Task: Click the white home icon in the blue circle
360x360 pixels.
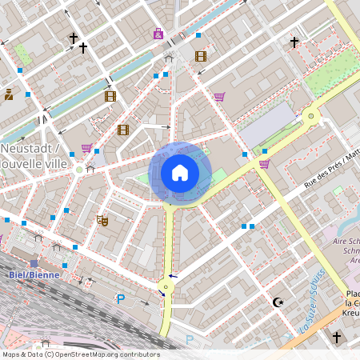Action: tap(180, 172)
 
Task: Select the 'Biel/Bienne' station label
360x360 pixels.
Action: tap(29, 274)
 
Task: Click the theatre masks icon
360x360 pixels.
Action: tap(102, 219)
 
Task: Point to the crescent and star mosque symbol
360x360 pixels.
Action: tap(278, 302)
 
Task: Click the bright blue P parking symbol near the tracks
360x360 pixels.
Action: tap(121, 299)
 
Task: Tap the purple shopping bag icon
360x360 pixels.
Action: tap(158, 34)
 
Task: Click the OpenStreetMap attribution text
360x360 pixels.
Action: tap(80, 354)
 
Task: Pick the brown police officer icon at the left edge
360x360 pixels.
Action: tap(8, 94)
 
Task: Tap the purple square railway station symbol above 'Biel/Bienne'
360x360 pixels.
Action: tap(34, 263)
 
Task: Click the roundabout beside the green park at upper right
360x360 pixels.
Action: tap(310, 118)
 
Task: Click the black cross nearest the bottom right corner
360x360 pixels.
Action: tap(336, 338)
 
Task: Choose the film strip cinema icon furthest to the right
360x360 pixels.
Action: tap(200, 56)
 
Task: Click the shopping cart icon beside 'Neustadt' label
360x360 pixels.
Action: tap(86, 149)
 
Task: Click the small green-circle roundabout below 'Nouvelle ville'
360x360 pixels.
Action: tap(78, 170)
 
